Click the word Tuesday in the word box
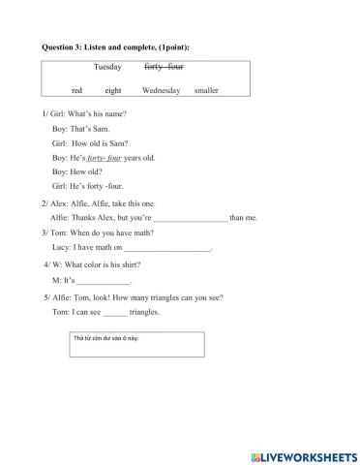click(107, 67)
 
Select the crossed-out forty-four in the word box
click(164, 67)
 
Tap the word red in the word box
click(76, 90)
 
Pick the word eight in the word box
click(113, 90)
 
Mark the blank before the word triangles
click(114, 312)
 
